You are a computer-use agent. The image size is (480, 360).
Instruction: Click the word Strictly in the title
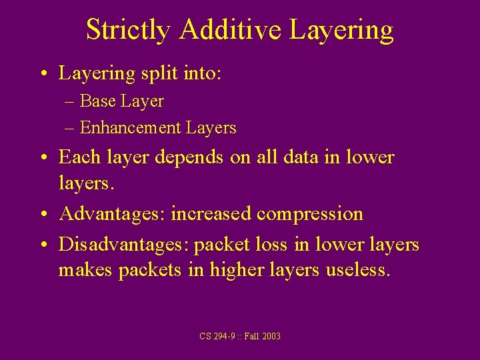point(127,31)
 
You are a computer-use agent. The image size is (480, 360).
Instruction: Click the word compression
point(310,214)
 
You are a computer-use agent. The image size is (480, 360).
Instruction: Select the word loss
point(269,245)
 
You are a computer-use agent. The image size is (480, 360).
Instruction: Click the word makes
point(85,270)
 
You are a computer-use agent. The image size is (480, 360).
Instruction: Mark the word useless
point(359,270)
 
